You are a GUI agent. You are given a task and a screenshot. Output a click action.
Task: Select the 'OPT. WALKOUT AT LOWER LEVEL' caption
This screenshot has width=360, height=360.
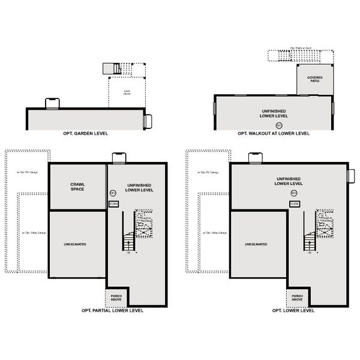[274, 133]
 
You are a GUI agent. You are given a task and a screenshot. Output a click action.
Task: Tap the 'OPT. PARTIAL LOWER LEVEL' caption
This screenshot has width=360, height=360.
[113, 311]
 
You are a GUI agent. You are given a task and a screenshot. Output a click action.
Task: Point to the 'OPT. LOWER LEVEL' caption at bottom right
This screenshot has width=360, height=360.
[293, 311]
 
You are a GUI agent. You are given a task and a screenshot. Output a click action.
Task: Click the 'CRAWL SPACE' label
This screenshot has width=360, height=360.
[77, 187]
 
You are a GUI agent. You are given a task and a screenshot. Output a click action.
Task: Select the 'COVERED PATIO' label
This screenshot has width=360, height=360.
[315, 80]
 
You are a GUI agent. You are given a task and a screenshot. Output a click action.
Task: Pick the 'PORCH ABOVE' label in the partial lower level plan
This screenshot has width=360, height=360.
[116, 297]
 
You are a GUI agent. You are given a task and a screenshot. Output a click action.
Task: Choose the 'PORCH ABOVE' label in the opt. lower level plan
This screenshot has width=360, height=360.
[297, 297]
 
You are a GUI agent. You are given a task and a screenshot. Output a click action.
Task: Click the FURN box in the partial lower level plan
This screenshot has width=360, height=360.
[114, 204]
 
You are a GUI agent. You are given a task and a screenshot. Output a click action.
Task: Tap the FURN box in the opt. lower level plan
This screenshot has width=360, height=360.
[295, 204]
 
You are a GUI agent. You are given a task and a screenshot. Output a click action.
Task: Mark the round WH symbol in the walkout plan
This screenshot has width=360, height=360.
[278, 125]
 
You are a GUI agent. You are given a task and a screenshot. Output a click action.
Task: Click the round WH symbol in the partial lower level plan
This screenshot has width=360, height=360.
[113, 193]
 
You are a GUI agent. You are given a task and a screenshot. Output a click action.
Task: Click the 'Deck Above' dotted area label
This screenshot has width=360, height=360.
[127, 93]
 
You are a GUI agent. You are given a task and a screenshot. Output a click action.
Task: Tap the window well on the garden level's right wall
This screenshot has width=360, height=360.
[148, 121]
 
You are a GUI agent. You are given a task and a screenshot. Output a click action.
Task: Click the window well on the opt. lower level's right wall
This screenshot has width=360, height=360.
[351, 176]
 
